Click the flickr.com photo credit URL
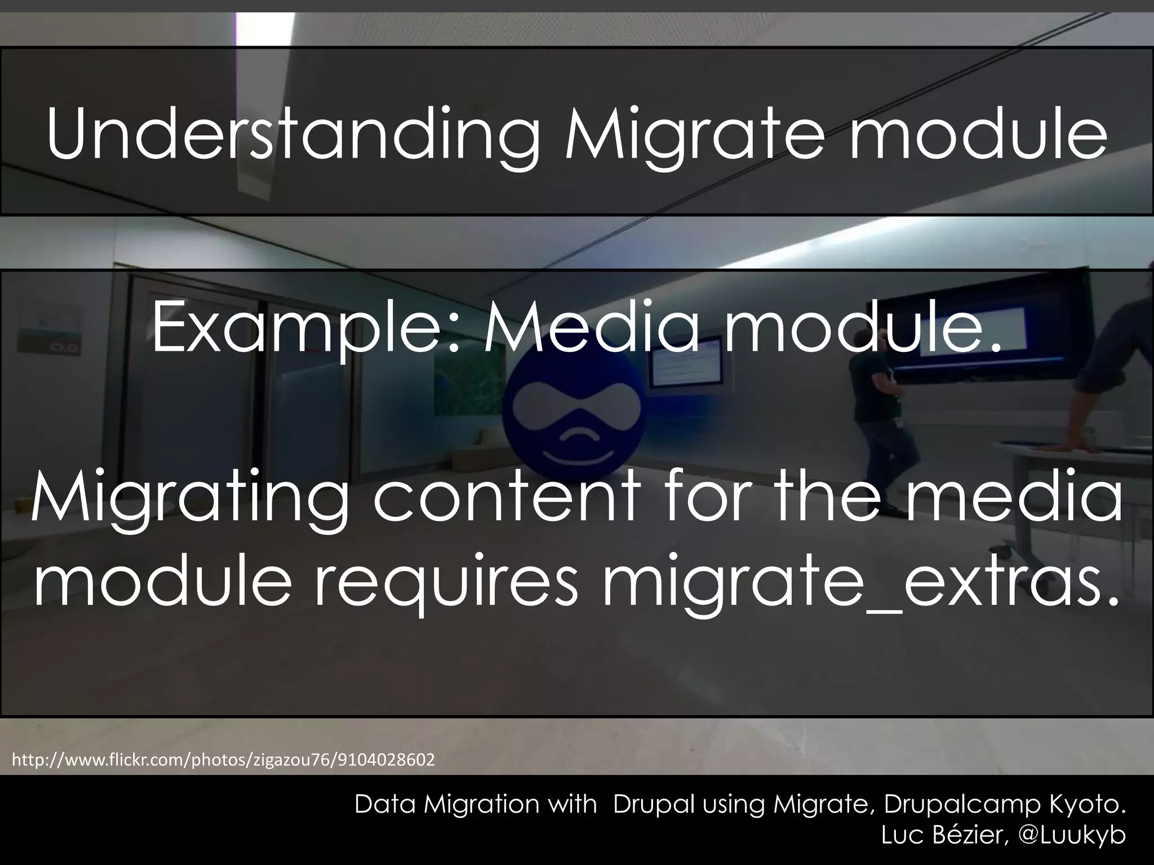(x=223, y=760)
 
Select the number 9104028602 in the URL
(x=386, y=760)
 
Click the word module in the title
(x=978, y=135)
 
